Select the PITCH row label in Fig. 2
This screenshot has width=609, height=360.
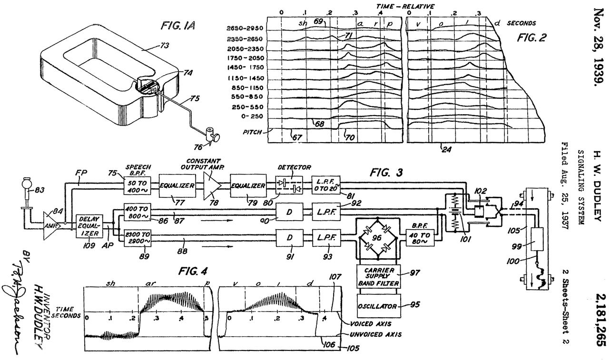[x=252, y=132]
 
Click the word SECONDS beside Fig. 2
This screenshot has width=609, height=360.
[x=521, y=22]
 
